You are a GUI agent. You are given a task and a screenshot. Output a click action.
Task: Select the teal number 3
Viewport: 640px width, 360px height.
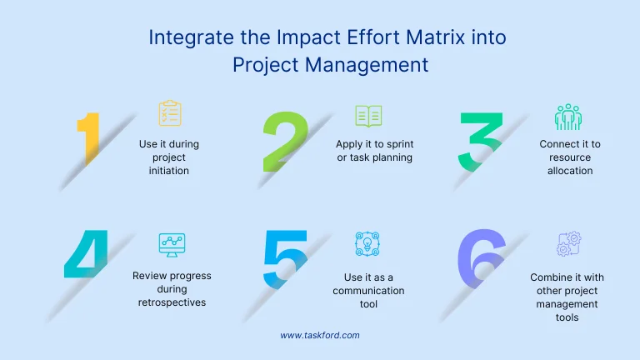click(482, 139)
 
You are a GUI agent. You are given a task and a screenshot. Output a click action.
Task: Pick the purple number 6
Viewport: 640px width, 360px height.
click(482, 258)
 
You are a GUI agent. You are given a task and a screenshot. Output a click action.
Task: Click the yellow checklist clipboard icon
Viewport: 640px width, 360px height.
click(170, 114)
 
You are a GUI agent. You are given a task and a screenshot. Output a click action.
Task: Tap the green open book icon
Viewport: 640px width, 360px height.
click(368, 116)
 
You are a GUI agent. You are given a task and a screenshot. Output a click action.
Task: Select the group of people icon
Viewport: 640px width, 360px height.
click(568, 117)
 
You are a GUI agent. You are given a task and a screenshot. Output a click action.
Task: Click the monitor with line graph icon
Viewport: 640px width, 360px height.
click(172, 244)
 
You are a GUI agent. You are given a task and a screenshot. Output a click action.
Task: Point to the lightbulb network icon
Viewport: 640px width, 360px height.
click(368, 244)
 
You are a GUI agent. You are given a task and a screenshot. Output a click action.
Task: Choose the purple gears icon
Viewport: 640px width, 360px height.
click(568, 244)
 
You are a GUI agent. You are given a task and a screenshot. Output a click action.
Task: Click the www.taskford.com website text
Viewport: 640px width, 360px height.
click(320, 335)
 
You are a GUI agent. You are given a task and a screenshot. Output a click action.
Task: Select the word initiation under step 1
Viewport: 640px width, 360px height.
click(169, 171)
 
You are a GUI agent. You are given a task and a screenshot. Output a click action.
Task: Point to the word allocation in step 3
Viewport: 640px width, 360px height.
click(570, 171)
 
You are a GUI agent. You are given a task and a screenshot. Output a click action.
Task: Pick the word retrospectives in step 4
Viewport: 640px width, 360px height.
click(172, 302)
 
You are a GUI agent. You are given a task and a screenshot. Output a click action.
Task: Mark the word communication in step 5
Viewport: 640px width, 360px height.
click(368, 291)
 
